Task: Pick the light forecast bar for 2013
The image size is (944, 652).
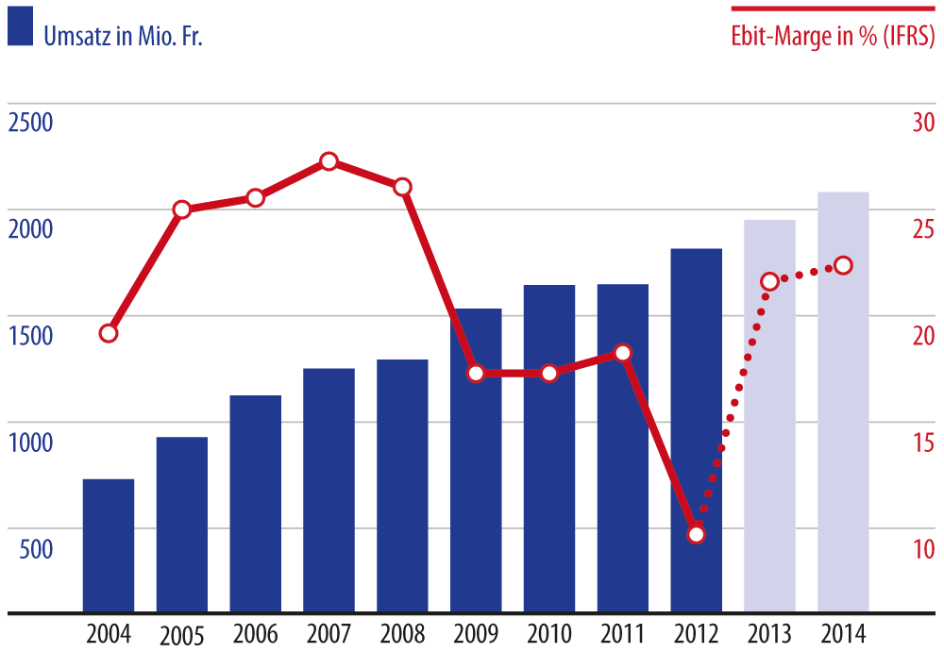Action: (x=769, y=416)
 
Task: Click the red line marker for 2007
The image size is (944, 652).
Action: (x=329, y=161)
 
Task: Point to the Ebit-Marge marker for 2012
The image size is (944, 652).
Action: (x=697, y=534)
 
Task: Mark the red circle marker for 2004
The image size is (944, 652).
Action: (x=109, y=333)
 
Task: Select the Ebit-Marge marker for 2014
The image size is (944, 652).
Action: (x=843, y=265)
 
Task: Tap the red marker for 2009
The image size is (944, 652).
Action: (x=476, y=374)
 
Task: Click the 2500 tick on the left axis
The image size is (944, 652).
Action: (x=30, y=124)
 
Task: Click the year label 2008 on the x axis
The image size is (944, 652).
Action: (x=402, y=632)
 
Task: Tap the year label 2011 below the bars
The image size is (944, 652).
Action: (x=623, y=632)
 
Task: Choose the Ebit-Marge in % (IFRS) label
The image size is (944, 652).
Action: (x=834, y=35)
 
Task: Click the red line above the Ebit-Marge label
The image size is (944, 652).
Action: (x=834, y=8)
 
